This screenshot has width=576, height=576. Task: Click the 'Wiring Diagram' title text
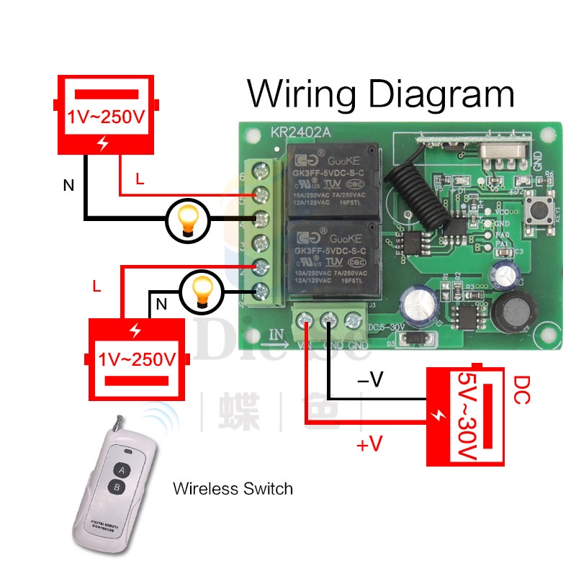coord(381,94)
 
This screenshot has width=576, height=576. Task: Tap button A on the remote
coord(122,470)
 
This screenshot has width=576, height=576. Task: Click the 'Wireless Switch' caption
coord(233,489)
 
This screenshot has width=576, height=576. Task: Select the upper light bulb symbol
coord(188,219)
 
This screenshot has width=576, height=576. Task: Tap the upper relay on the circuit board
coord(333,180)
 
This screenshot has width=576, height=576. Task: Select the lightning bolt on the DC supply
coord(438,416)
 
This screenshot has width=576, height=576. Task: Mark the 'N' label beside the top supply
coord(68,186)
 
